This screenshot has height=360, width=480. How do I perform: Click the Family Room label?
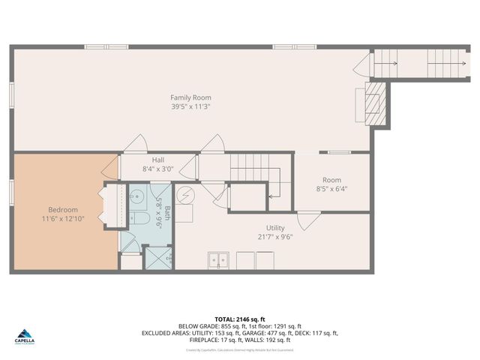click(190, 97)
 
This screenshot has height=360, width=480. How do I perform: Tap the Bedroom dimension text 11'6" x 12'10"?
click(63, 218)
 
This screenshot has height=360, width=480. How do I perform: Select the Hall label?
click(158, 160)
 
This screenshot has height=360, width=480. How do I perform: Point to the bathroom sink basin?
click(137, 196)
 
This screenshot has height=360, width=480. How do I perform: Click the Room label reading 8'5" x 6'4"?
click(331, 189)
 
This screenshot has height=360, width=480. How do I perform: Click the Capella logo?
click(25, 337)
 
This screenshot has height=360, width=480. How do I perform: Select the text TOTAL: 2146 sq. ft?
click(240, 319)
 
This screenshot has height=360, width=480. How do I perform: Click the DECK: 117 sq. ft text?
click(319, 334)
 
